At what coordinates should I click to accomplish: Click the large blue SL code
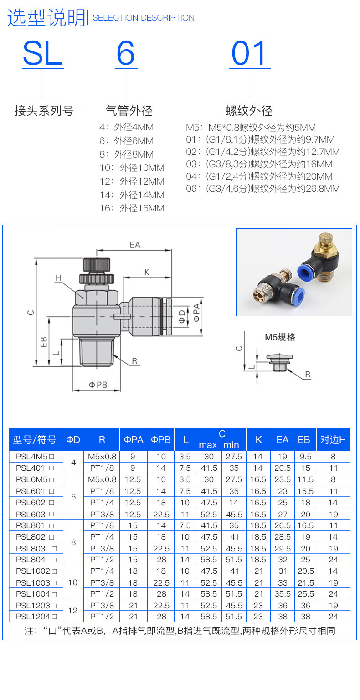43,53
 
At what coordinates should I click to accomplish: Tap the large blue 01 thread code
249,53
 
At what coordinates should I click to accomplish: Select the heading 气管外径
129,111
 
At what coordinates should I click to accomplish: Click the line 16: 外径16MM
132,208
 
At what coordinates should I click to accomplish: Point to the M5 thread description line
251,128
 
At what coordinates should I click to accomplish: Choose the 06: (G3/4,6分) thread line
263,188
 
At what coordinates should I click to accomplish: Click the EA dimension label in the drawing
135,245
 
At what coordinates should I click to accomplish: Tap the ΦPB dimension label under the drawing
98,385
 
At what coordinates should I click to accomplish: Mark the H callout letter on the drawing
58,278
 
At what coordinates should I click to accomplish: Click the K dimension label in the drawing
147,272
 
